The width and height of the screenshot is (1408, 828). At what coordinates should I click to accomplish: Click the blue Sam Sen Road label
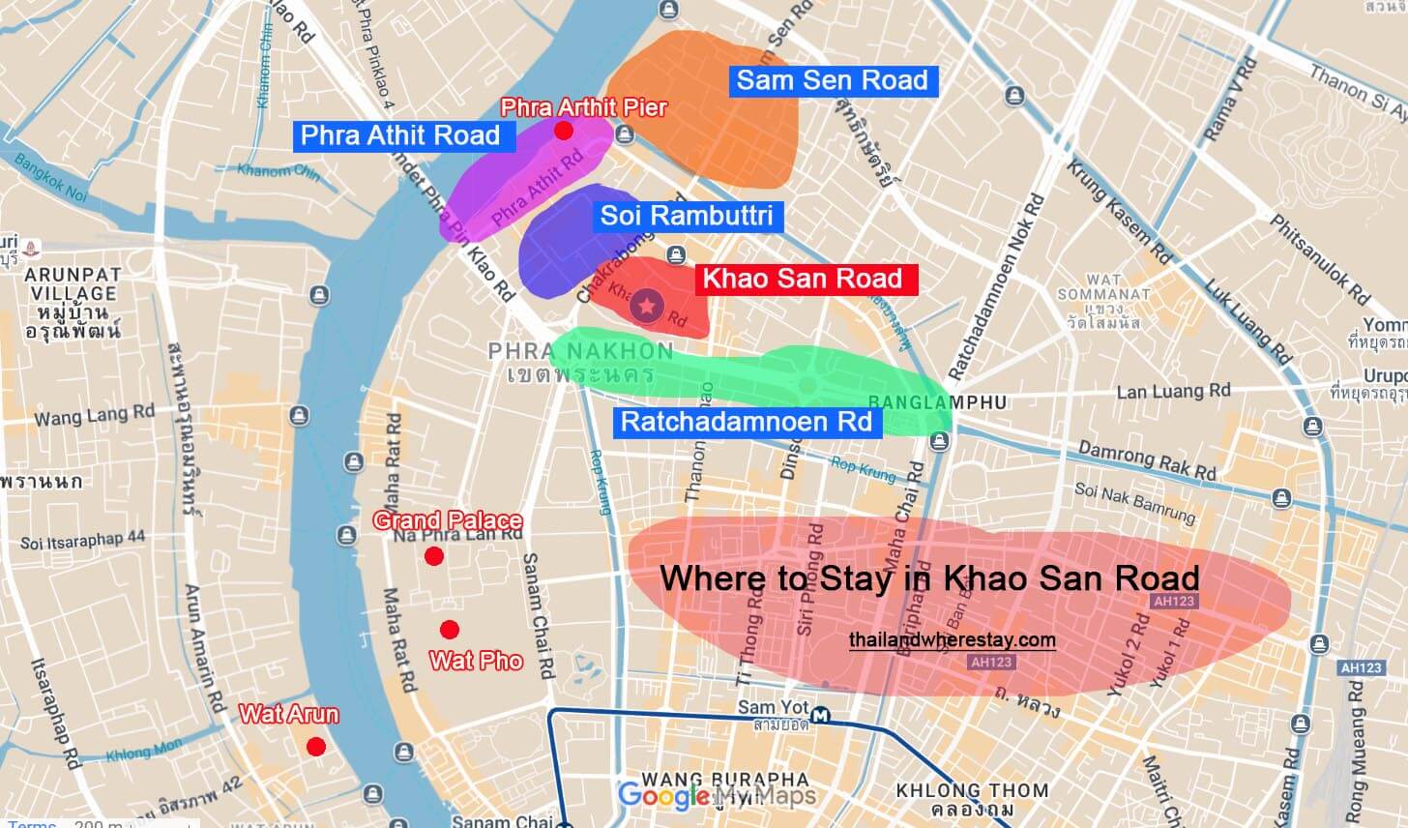click(832, 80)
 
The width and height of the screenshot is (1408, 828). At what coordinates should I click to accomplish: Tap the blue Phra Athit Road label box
click(399, 134)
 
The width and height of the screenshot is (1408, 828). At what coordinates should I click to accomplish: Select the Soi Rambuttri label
click(687, 215)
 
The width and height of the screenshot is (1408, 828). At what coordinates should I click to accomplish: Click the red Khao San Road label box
click(801, 279)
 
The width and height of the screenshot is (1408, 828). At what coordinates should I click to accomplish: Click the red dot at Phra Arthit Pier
click(564, 131)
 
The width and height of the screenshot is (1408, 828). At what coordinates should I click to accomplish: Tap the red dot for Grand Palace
click(434, 556)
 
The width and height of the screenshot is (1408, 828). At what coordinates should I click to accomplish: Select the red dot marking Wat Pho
click(449, 631)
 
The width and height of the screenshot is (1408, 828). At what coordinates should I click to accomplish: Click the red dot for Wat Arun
click(315, 747)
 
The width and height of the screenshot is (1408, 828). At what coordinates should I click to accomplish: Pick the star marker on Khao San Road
click(647, 307)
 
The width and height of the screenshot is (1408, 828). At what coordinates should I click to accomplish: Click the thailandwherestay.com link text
click(953, 639)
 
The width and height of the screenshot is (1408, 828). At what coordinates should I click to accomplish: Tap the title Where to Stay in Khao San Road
click(929, 578)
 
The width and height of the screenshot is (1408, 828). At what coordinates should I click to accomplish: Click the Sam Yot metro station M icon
click(821, 715)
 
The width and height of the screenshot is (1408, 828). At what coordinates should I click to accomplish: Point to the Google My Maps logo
click(717, 796)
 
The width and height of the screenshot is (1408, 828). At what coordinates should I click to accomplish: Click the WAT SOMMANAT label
click(1103, 293)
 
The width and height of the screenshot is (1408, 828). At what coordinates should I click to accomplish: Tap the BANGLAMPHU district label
click(937, 402)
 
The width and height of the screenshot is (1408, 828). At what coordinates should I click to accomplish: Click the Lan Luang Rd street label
click(1173, 391)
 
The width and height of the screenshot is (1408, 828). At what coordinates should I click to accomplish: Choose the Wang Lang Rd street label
click(95, 416)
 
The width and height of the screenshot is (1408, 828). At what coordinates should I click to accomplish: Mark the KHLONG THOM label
click(972, 790)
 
